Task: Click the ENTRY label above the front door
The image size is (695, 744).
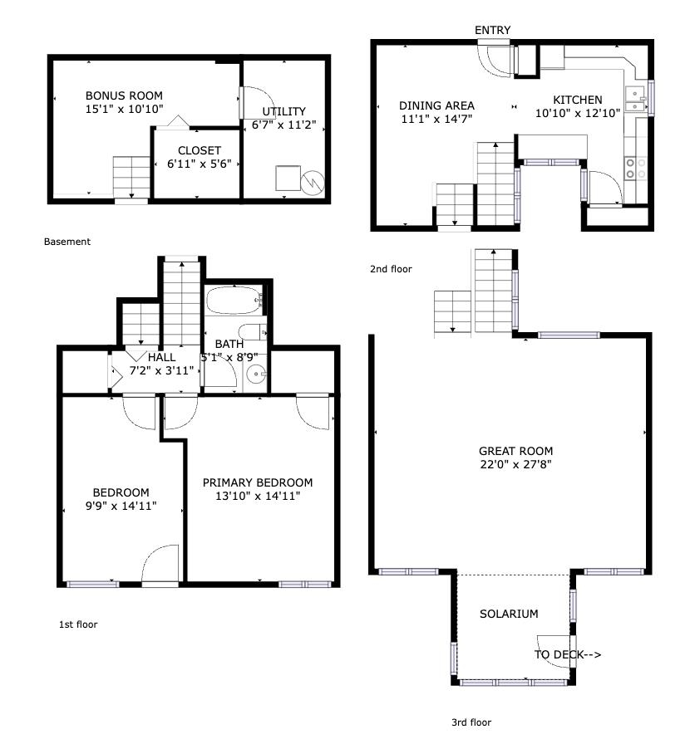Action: [492, 31]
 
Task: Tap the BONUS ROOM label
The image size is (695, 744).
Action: [124, 95]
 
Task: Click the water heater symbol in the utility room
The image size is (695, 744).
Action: [313, 181]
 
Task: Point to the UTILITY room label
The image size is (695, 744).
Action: [283, 111]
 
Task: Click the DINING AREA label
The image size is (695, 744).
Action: [436, 105]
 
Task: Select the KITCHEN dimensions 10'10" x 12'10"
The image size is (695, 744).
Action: [578, 114]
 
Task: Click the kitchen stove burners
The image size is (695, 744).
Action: [637, 169]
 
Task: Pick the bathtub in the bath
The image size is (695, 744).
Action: [235, 301]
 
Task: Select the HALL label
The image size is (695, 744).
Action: [161, 356]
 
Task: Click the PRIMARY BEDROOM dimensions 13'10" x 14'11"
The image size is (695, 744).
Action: [258, 496]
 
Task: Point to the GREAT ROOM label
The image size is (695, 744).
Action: [515, 452]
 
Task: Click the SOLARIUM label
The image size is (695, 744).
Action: [509, 614]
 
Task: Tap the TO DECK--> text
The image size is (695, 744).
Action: [567, 654]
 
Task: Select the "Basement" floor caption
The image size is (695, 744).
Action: [67, 242]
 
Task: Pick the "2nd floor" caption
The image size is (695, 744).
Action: [391, 269]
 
